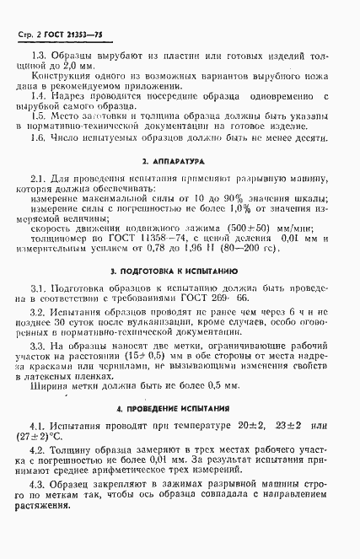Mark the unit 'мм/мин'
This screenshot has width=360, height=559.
[292, 228]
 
